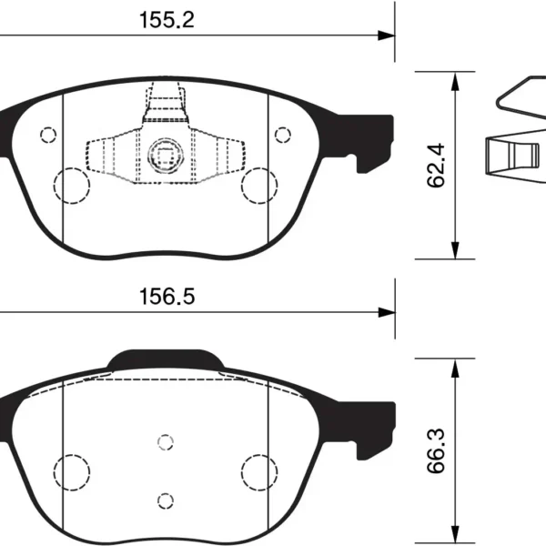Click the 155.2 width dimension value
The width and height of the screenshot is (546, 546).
pos(167,20)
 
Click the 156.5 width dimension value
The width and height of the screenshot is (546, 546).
pos(167,297)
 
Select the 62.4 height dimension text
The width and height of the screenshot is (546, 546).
pos(436,165)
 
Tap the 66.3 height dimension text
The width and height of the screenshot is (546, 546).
pos(436,450)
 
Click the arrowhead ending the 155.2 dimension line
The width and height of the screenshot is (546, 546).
pos(386,35)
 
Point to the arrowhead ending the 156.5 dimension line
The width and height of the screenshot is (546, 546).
pos(387,312)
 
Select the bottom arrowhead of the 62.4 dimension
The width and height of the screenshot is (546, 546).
pos(455,250)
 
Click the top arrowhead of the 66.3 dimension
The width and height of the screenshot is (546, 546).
pos(455,368)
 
